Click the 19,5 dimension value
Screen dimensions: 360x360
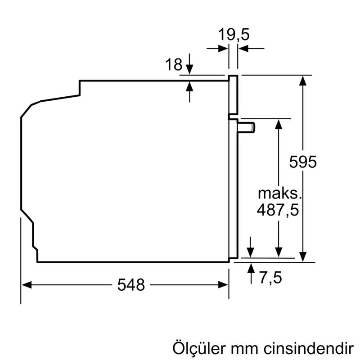(x=233, y=34)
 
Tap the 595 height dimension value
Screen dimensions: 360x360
(x=303, y=162)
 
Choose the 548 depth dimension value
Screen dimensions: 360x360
(x=131, y=284)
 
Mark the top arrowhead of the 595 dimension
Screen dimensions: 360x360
(x=304, y=80)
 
